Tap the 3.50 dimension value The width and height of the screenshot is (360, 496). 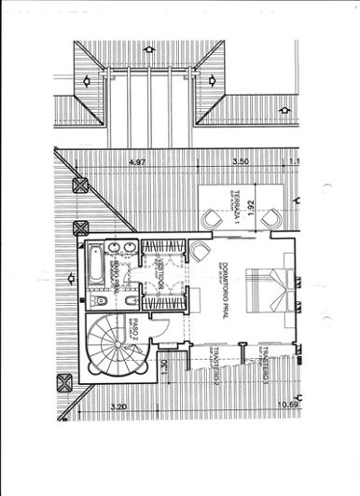pyautogui.click(x=242, y=162)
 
